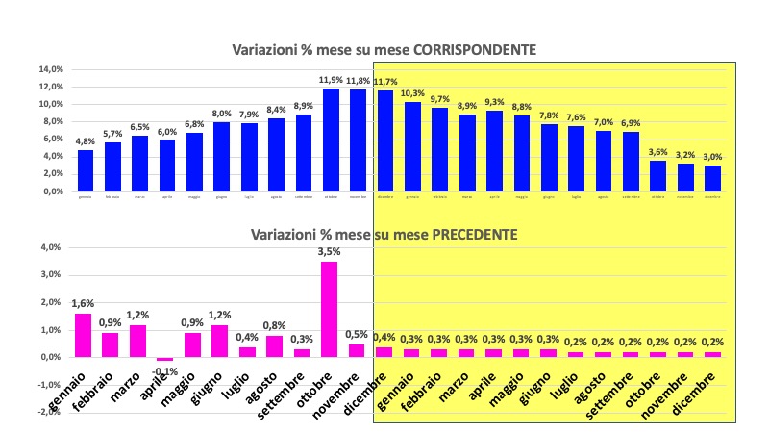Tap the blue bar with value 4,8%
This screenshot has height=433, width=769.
[86, 170]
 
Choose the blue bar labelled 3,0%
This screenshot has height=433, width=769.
[712, 178]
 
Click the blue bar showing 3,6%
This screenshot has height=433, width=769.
[657, 175]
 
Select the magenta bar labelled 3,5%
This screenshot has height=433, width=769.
[329, 309]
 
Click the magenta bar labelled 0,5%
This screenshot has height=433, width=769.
[357, 350]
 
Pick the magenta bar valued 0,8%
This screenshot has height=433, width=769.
[275, 346]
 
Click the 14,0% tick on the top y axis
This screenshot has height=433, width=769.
[51, 69]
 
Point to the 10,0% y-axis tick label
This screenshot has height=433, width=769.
[51, 104]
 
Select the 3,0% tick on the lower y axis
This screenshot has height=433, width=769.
[50, 275]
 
